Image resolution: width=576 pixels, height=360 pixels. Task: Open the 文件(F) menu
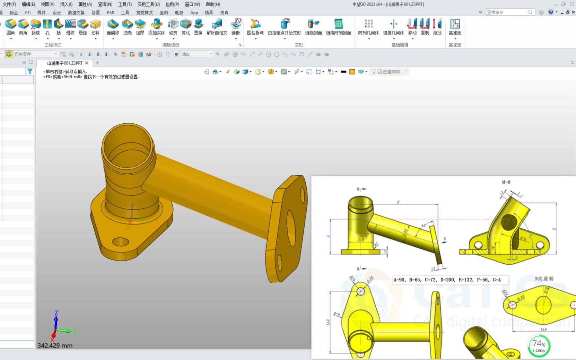tap(9, 4)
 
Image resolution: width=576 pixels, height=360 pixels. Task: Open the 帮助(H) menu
tap(213, 4)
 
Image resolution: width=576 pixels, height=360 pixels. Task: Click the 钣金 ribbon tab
tap(14, 12)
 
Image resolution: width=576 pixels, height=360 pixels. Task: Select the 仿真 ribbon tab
tap(224, 12)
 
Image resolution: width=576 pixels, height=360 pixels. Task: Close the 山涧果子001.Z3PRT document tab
tap(87, 63)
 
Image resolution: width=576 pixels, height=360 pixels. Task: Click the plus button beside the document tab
tap(97, 63)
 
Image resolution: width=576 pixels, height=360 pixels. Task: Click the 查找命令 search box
tap(506, 12)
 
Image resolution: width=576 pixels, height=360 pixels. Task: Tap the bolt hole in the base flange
tap(120, 241)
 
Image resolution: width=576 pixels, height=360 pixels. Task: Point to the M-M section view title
tap(506, 182)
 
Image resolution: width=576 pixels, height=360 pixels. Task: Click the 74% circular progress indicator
tap(539, 345)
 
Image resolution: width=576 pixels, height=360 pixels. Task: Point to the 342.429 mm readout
tap(55, 345)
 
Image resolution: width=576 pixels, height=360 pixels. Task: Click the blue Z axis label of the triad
tap(56, 313)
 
